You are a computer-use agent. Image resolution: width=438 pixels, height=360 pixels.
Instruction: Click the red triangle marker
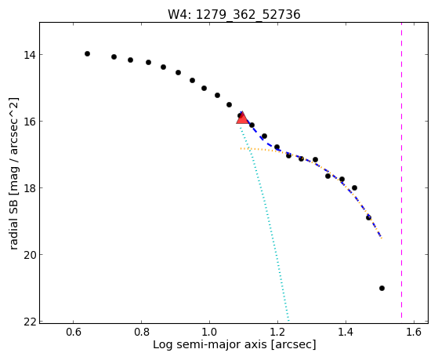pos(242,118)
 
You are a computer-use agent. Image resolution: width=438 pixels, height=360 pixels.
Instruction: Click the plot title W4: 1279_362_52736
pos(233,15)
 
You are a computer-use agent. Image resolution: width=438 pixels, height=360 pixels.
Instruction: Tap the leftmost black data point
pos(87,53)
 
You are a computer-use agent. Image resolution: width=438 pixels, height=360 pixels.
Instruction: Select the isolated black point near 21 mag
pos(382,288)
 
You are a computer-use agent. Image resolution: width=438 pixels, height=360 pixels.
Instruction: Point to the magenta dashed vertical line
pos(401,170)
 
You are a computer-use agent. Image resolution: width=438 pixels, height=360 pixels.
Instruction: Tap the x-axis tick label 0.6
pos(74,332)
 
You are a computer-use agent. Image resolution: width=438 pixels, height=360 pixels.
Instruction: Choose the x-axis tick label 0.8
pos(142,332)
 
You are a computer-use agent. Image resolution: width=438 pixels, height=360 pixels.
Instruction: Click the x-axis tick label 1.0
pos(209,332)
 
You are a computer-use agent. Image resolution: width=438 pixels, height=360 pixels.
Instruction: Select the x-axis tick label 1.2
pos(277,332)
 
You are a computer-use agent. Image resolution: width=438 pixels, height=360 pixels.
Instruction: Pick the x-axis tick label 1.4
pos(346,332)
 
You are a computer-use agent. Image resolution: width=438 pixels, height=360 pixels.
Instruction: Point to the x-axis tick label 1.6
pos(414,332)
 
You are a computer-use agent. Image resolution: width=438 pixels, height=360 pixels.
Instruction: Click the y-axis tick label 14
pos(30,55)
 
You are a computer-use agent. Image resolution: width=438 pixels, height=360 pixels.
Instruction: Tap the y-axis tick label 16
pos(30,122)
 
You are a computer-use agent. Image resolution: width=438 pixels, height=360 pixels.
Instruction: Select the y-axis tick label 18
pos(30,188)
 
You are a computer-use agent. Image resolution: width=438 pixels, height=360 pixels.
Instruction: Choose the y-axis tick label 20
pos(30,255)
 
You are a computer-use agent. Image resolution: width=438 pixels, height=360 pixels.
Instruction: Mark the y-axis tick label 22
pos(30,322)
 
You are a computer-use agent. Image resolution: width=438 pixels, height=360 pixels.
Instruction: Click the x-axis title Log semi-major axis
pos(209,344)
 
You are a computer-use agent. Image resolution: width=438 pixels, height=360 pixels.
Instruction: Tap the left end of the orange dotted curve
pos(241,148)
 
